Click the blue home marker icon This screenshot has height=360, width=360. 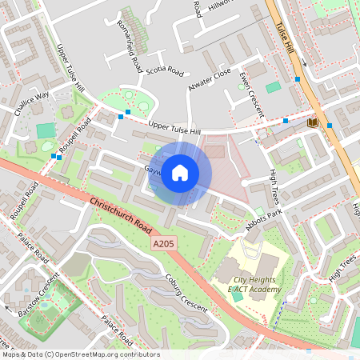[180, 173]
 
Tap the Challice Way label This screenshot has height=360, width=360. [31, 104]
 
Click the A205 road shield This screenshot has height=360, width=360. [163, 242]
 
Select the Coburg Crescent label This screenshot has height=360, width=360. [186, 292]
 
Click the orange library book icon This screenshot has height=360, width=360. [312, 122]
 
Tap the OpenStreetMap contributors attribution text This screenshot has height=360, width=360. [81, 354]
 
